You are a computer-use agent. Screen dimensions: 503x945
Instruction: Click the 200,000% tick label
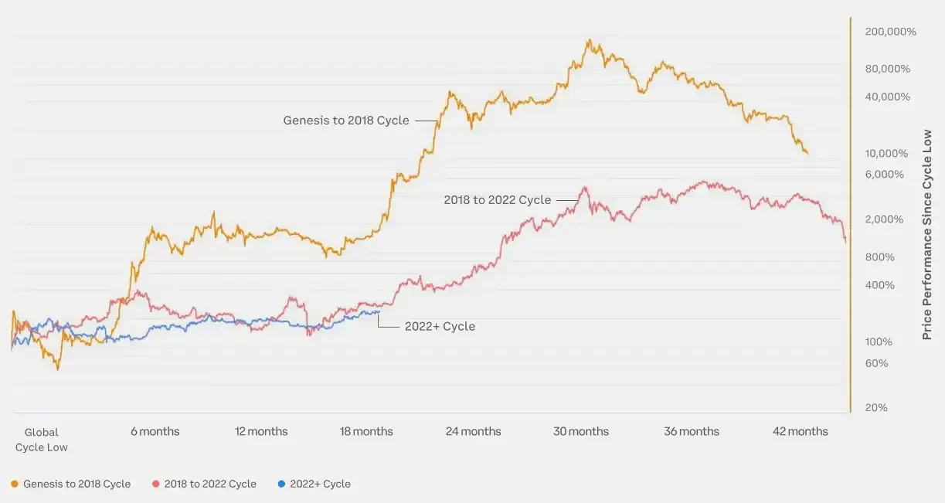pyautogui.click(x=890, y=32)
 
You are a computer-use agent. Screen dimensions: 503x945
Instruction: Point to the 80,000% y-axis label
pyautogui.click(x=888, y=69)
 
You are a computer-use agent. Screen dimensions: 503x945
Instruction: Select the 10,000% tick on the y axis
pyautogui.click(x=888, y=153)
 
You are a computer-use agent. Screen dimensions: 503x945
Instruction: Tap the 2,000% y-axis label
pyautogui.click(x=885, y=219)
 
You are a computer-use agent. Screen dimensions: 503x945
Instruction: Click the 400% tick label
pyautogui.click(x=879, y=285)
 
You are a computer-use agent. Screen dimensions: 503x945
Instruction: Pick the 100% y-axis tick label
pyautogui.click(x=879, y=342)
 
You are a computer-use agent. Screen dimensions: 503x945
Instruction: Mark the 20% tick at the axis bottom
pyautogui.click(x=876, y=407)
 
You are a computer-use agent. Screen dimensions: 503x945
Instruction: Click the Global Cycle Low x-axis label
pyautogui.click(x=42, y=440)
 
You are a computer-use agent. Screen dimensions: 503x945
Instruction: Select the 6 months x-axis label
pyautogui.click(x=155, y=431)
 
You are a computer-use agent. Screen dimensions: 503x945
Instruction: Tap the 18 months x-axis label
pyautogui.click(x=366, y=431)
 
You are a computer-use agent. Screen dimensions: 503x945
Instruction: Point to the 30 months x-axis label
pyautogui.click(x=580, y=431)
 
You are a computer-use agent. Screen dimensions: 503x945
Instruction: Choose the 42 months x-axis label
pyautogui.click(x=800, y=431)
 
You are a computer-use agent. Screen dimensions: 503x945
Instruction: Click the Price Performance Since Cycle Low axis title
pyautogui.click(x=927, y=234)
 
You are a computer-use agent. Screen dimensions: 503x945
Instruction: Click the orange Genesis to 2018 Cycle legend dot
pyautogui.click(x=15, y=484)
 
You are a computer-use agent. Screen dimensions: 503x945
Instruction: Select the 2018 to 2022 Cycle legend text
pyautogui.click(x=210, y=484)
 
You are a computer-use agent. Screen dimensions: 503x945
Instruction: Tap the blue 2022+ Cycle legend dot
pyautogui.click(x=281, y=484)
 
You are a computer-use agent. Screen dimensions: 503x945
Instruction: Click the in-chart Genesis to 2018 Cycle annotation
pyautogui.click(x=346, y=121)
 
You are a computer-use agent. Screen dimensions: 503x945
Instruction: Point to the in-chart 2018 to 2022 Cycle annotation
pyautogui.click(x=498, y=200)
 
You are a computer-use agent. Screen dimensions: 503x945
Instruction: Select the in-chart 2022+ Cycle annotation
pyautogui.click(x=440, y=326)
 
